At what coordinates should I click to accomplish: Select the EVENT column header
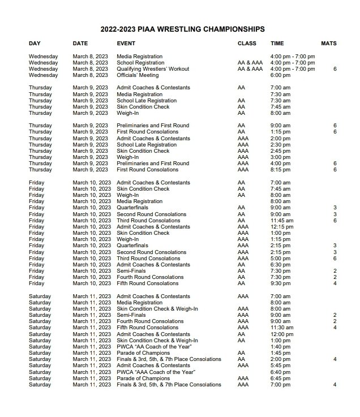click(x=126, y=44)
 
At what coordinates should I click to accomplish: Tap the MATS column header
click(x=328, y=44)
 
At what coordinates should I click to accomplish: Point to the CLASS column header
click(x=247, y=44)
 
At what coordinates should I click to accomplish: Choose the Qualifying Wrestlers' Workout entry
click(x=153, y=69)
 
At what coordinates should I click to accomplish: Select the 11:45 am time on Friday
click(x=282, y=221)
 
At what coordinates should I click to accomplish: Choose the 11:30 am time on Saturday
click(x=282, y=328)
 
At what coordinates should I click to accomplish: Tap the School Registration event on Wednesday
click(x=140, y=63)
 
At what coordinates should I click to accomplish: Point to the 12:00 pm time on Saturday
click(x=282, y=334)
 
